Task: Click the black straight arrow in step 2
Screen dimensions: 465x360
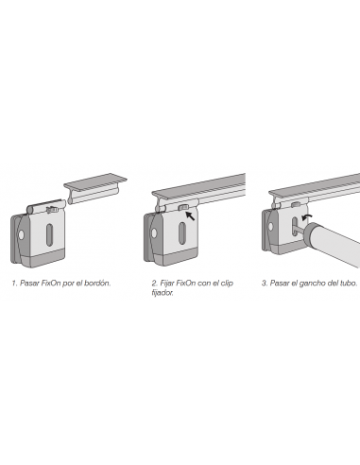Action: point(193,217)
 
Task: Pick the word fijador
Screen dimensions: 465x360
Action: point(163,292)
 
